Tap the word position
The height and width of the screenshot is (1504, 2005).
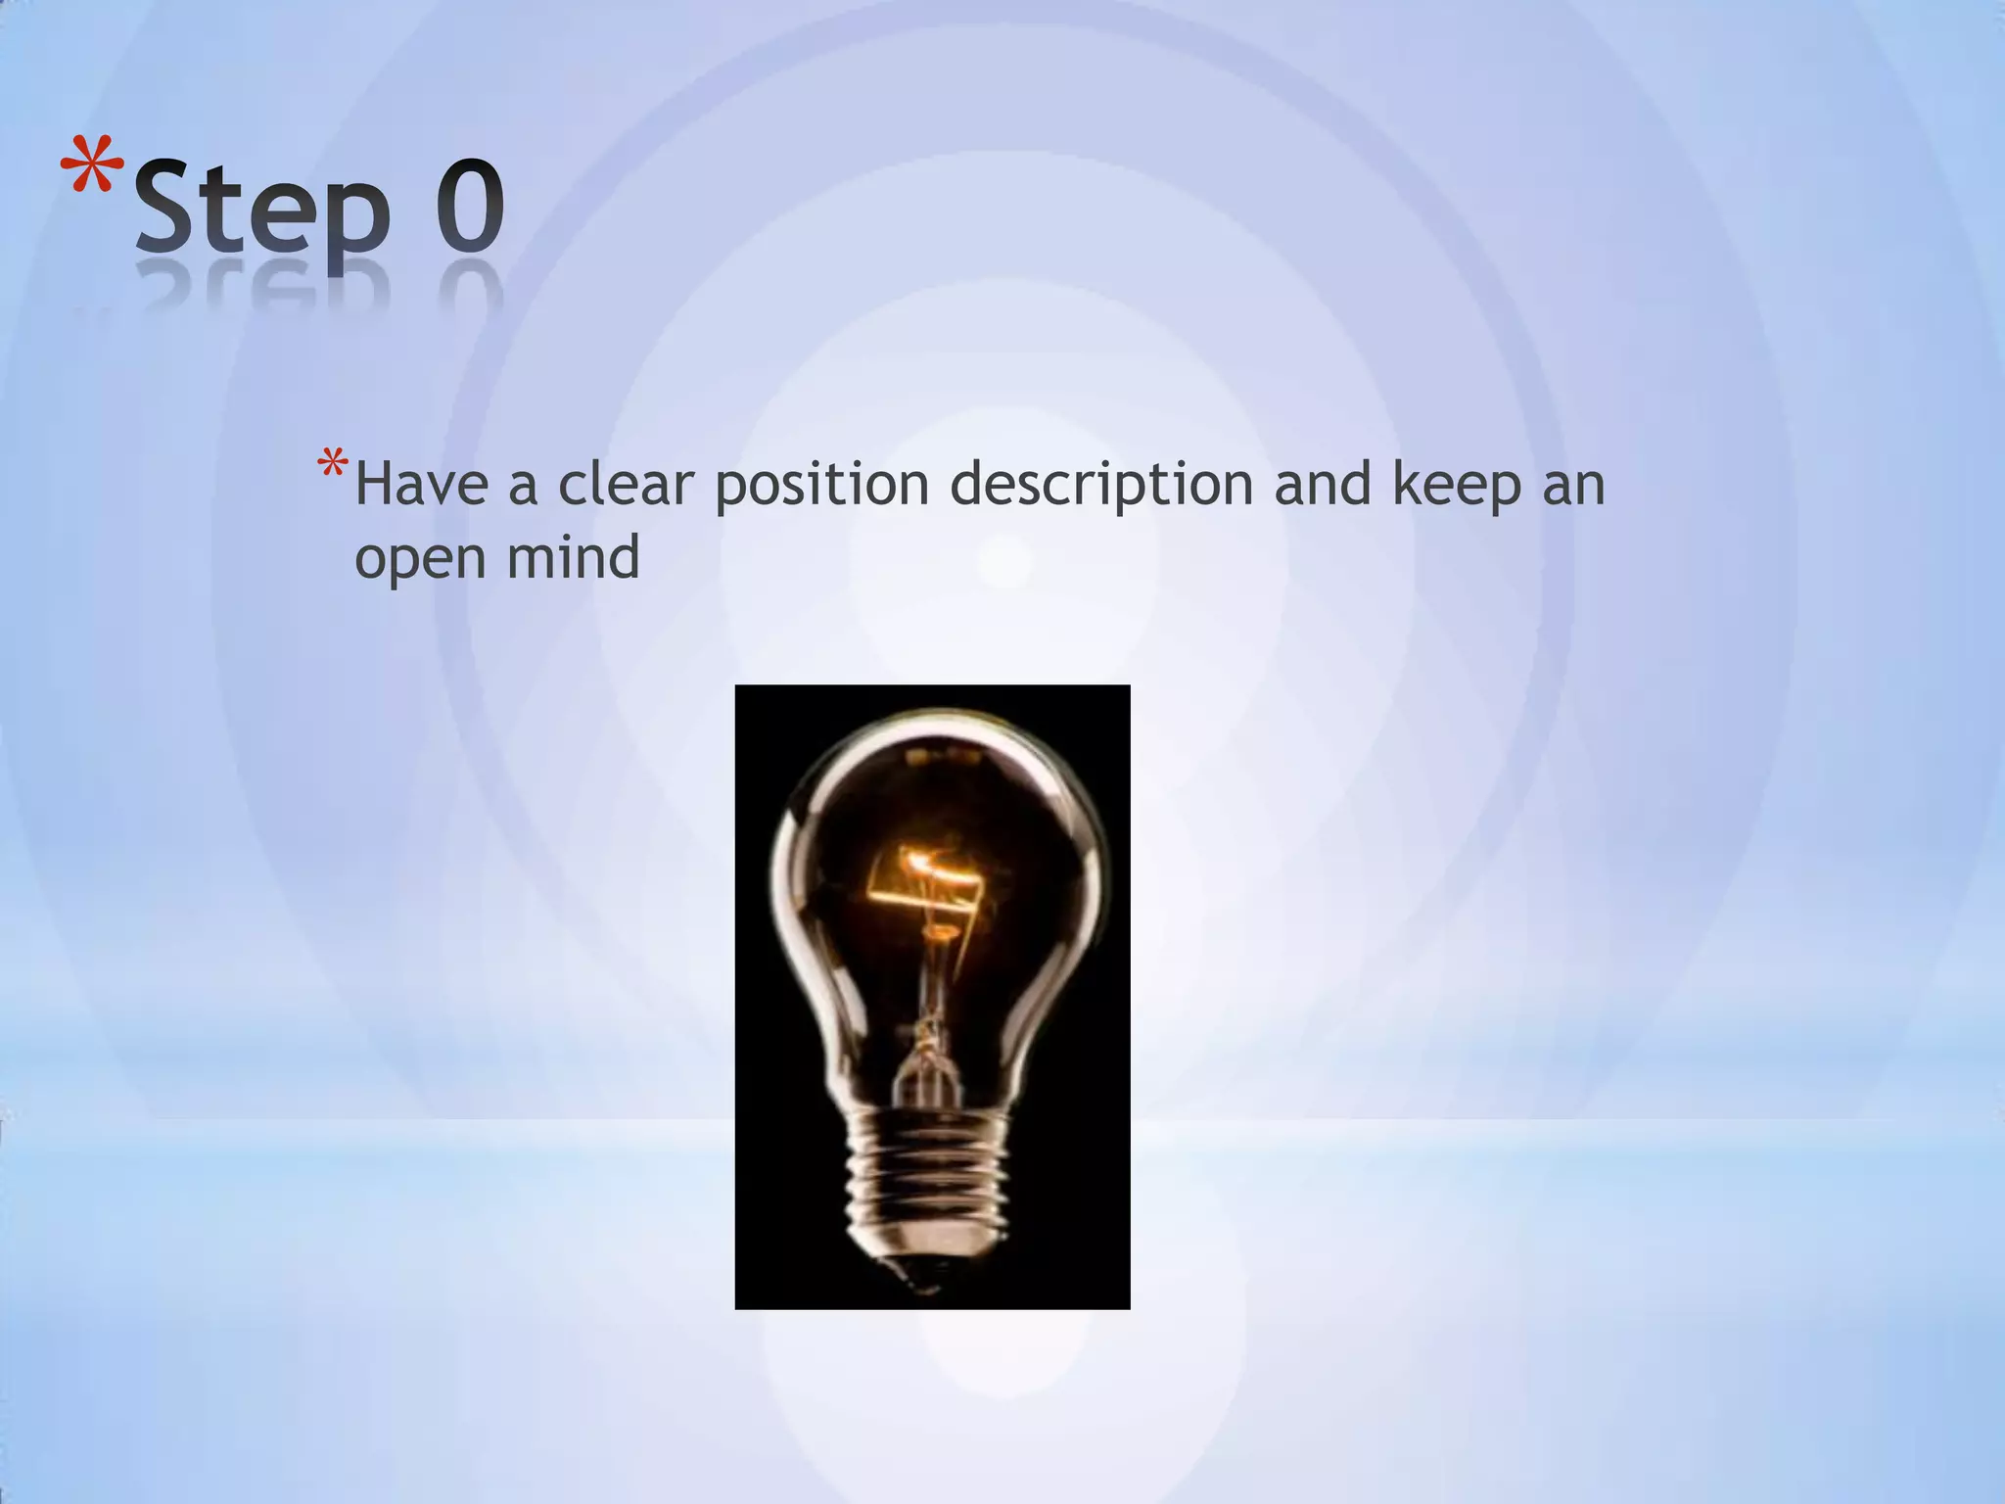821,487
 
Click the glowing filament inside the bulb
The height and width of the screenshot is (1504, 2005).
926,882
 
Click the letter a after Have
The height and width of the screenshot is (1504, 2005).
523,487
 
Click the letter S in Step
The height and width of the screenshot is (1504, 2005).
168,206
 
